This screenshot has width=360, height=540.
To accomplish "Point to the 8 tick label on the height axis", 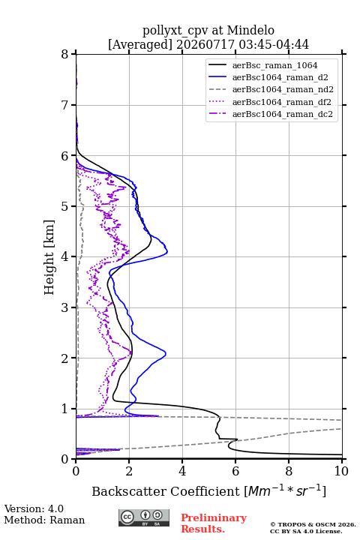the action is [65, 55].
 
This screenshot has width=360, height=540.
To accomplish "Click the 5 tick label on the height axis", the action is [65, 207].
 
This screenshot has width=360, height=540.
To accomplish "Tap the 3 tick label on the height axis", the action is [65, 307].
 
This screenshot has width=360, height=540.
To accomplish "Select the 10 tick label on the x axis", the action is [341, 471].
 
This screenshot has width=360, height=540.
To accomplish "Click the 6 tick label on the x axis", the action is [235, 471].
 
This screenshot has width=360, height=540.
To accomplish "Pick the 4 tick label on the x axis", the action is [182, 471].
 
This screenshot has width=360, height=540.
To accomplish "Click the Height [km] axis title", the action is [49, 257].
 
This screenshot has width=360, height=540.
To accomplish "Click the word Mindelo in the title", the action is [250, 30].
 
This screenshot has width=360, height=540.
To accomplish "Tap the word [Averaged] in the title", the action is [139, 44].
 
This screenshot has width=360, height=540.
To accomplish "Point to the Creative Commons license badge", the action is [144, 517].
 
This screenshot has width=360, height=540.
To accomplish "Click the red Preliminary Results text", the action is [214, 523].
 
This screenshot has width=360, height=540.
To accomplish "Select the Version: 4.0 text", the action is [34, 508].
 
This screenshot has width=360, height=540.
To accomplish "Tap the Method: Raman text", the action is [44, 520].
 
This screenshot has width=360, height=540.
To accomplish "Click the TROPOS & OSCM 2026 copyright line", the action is [313, 524].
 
